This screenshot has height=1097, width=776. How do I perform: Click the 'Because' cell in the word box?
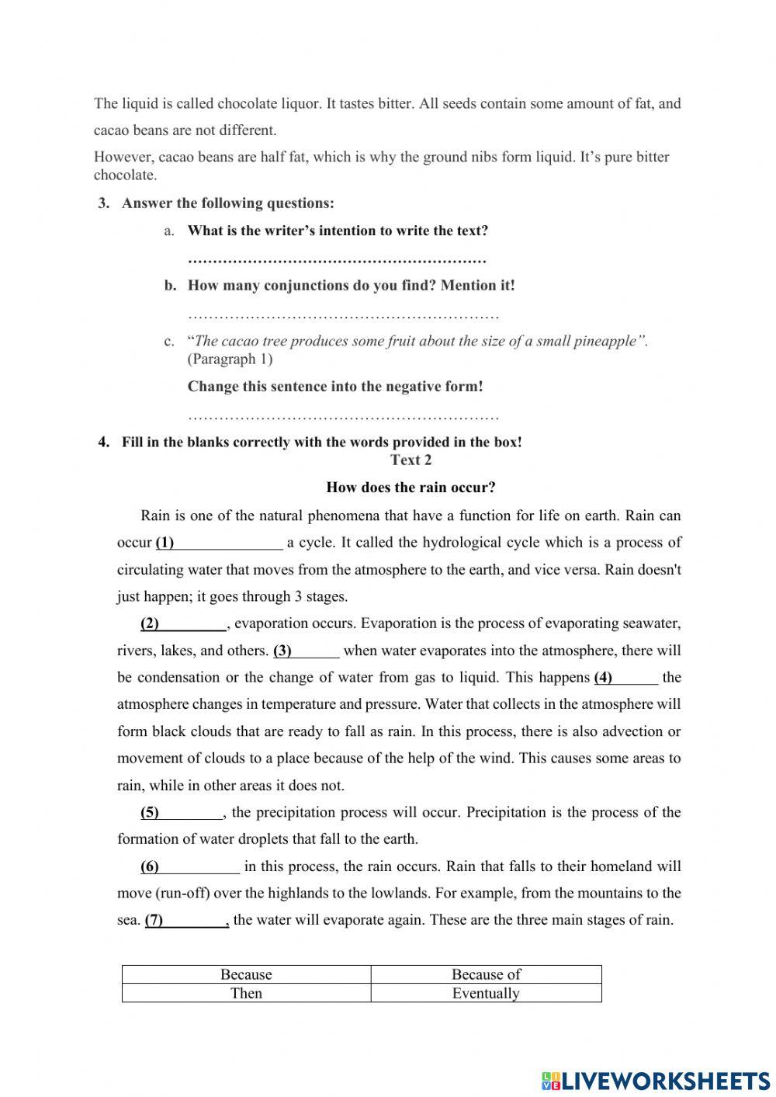[246, 974]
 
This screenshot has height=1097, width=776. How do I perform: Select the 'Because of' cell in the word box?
[486, 974]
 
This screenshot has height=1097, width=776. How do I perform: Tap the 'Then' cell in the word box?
[246, 993]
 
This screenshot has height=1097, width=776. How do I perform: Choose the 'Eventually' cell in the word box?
[486, 993]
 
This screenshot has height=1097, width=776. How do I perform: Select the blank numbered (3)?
[316, 651]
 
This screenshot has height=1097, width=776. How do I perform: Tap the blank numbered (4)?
[636, 678]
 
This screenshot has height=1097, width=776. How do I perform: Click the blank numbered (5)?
[191, 813]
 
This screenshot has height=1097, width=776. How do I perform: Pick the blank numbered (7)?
[196, 921]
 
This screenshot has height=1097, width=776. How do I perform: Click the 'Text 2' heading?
[411, 460]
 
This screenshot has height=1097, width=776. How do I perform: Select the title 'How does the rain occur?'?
[411, 488]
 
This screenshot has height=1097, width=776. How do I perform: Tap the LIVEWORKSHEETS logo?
[656, 1080]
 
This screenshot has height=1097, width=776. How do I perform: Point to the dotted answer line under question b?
[343, 315]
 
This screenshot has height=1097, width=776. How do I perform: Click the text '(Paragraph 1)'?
[230, 359]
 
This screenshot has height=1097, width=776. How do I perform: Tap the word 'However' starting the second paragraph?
[122, 157]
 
